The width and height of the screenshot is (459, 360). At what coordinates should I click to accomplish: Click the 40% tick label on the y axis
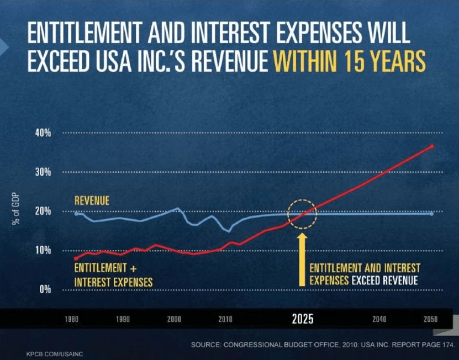click(x=44, y=133)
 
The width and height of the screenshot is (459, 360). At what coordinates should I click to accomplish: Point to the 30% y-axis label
click(x=44, y=172)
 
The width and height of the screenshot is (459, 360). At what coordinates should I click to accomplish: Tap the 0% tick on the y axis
click(x=46, y=289)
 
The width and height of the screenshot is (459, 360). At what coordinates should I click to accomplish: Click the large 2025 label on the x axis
click(x=303, y=319)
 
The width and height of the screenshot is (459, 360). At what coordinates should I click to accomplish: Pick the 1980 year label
click(x=71, y=320)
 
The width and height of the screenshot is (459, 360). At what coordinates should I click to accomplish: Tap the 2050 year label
click(x=430, y=320)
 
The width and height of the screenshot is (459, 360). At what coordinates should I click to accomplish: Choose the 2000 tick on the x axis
click(x=174, y=320)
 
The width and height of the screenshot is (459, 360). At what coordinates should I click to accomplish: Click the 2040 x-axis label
click(x=379, y=320)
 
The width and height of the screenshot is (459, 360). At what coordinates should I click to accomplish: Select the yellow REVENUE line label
click(x=92, y=200)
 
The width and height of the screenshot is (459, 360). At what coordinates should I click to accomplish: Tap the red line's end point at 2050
click(x=432, y=146)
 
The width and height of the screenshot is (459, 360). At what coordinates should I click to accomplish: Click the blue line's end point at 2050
click(x=432, y=213)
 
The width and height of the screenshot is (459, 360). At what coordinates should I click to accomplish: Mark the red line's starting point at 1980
click(x=76, y=258)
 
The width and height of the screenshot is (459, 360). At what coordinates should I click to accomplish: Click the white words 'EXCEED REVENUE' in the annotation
click(x=383, y=280)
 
